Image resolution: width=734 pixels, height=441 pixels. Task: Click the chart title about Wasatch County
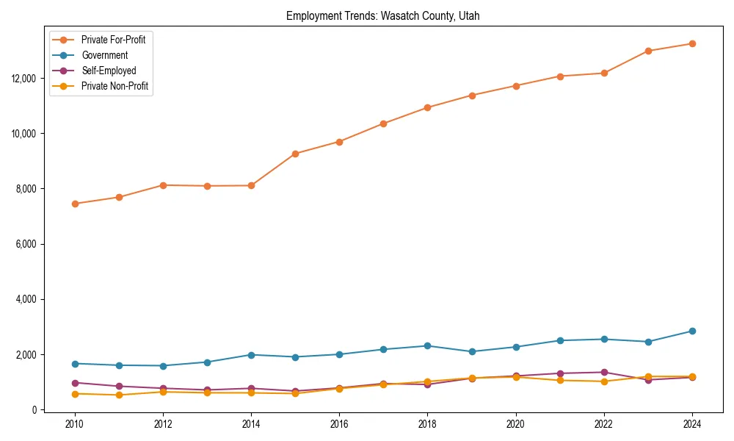point(382,16)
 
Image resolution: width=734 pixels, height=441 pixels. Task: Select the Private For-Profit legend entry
point(113,40)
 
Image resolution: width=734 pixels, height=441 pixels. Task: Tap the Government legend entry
point(104,55)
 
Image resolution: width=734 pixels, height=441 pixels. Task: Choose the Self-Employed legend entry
point(109,71)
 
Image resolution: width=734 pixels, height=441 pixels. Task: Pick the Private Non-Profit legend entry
point(115,87)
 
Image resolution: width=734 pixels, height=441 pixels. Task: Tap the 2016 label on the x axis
point(339,424)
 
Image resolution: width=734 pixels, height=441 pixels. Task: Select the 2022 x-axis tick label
point(604,424)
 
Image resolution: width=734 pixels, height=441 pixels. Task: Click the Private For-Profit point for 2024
point(692,43)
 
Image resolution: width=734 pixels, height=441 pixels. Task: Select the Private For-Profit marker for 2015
point(295,154)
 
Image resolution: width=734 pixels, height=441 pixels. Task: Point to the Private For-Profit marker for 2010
point(75,204)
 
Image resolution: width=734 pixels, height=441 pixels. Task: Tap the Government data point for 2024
point(692,331)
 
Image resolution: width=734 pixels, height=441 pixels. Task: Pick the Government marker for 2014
point(251,355)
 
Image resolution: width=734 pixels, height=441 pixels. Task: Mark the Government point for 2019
point(472,351)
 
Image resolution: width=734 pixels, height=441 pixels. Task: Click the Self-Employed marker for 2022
point(604,372)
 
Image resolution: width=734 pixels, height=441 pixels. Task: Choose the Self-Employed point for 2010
point(75,383)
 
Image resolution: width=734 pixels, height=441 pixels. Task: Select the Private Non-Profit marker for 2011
point(119,395)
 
